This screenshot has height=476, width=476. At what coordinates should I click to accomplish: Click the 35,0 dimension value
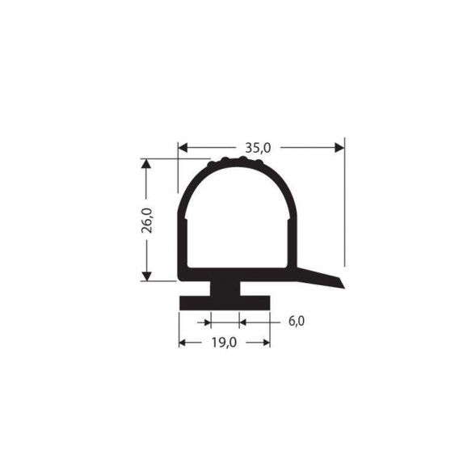tap(258, 147)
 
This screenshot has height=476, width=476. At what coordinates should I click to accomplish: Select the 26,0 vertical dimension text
tap(146, 220)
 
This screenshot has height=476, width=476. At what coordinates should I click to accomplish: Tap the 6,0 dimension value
tap(296, 322)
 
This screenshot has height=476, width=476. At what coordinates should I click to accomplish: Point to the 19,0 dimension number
tap(224, 343)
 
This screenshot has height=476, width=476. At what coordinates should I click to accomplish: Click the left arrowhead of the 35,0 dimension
tap(183, 147)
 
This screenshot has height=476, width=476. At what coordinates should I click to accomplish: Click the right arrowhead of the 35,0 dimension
tap(339, 147)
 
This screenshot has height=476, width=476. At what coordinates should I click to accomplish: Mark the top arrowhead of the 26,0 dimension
tap(146, 163)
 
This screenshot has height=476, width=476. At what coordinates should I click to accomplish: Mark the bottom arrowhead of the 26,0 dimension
tap(146, 276)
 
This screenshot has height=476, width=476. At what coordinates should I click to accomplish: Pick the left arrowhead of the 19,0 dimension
tap(183, 343)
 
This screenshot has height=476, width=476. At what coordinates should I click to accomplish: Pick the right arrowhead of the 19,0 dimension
tap(265, 343)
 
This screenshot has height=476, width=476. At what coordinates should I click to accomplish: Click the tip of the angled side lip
tap(340, 281)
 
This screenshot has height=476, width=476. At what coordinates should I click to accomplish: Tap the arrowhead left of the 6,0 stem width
tap(205, 322)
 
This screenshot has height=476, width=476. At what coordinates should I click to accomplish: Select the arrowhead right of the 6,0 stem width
tap(243, 322)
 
